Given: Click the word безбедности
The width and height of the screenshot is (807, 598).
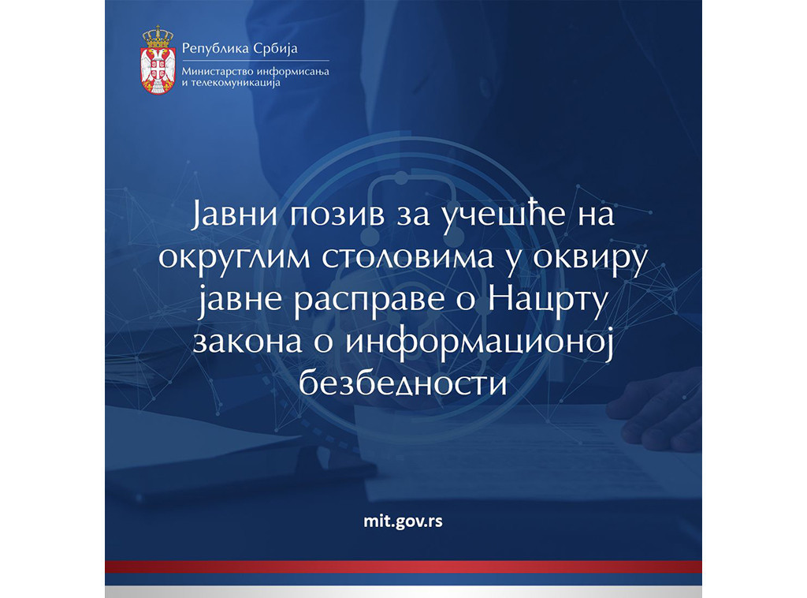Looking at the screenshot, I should (402, 386).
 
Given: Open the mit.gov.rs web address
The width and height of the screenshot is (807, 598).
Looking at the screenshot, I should (403, 521).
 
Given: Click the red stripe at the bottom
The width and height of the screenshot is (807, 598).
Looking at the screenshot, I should (403, 566).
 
